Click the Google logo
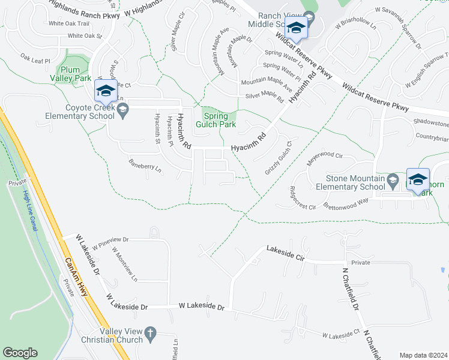20,353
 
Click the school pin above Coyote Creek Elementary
105,91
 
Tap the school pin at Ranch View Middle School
295,28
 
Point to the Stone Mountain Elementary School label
355,182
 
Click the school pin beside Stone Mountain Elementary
418,179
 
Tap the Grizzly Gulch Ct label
277,158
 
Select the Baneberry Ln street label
145,166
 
